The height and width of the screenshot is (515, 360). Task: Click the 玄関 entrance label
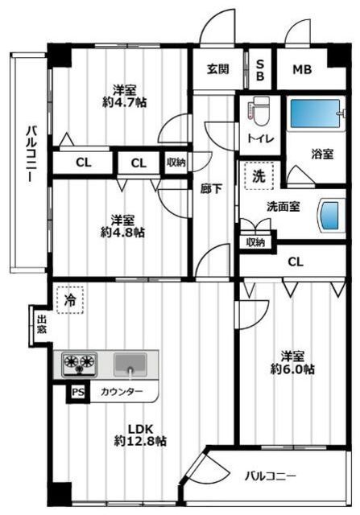[214, 69]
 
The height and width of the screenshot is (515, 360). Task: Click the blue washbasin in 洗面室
[331, 215]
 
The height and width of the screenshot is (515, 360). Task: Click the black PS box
[77, 392]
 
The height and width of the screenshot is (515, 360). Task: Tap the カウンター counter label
[122, 392]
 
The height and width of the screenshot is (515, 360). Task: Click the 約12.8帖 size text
[140, 441]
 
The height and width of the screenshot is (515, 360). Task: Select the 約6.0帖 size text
[297, 369]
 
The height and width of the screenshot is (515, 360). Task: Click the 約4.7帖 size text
[128, 103]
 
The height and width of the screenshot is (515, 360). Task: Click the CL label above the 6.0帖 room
[296, 261]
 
